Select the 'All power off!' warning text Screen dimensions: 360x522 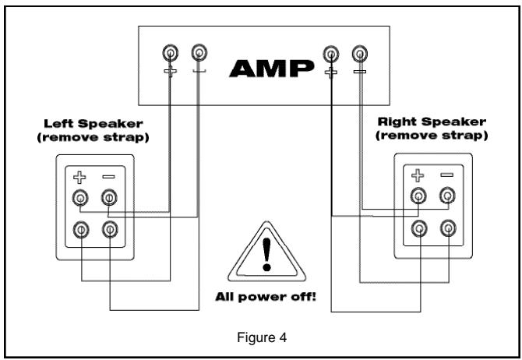click(x=266, y=297)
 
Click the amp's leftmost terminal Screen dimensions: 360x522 click(x=170, y=53)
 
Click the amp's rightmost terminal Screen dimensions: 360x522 click(x=359, y=53)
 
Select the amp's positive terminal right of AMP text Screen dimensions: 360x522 click(x=332, y=53)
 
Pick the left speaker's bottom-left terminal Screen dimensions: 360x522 click(x=80, y=229)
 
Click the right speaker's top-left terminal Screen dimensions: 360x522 click(x=419, y=196)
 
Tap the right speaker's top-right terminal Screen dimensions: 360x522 click(x=447, y=196)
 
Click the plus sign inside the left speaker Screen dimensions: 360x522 click(x=79, y=178)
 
